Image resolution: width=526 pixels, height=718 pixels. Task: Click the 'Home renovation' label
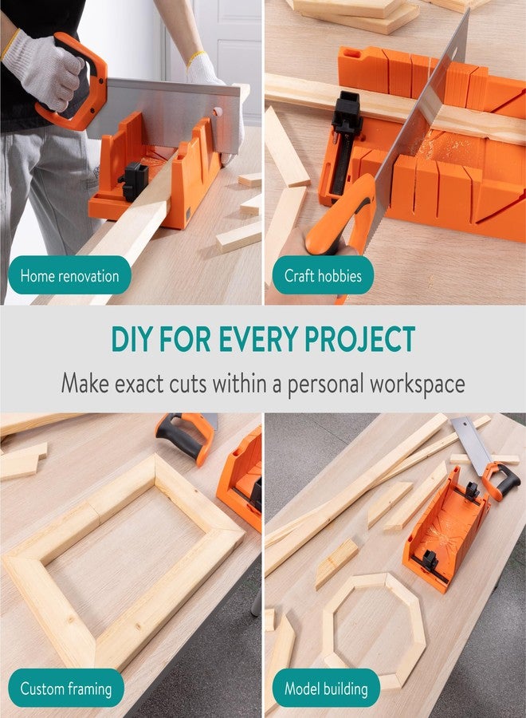(x=69, y=276)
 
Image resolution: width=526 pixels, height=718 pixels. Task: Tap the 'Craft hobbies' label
(x=322, y=276)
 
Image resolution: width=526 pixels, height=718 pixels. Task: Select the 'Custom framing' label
(x=66, y=688)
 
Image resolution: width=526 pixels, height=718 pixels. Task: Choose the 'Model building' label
(x=326, y=688)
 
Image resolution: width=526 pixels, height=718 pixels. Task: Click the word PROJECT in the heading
(x=360, y=339)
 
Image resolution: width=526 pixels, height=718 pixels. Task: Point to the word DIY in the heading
(x=131, y=339)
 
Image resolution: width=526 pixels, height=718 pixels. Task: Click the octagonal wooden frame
(x=373, y=630)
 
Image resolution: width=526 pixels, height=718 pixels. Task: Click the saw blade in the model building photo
(x=470, y=443)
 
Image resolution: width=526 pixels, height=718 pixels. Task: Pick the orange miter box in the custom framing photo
(x=241, y=483)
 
